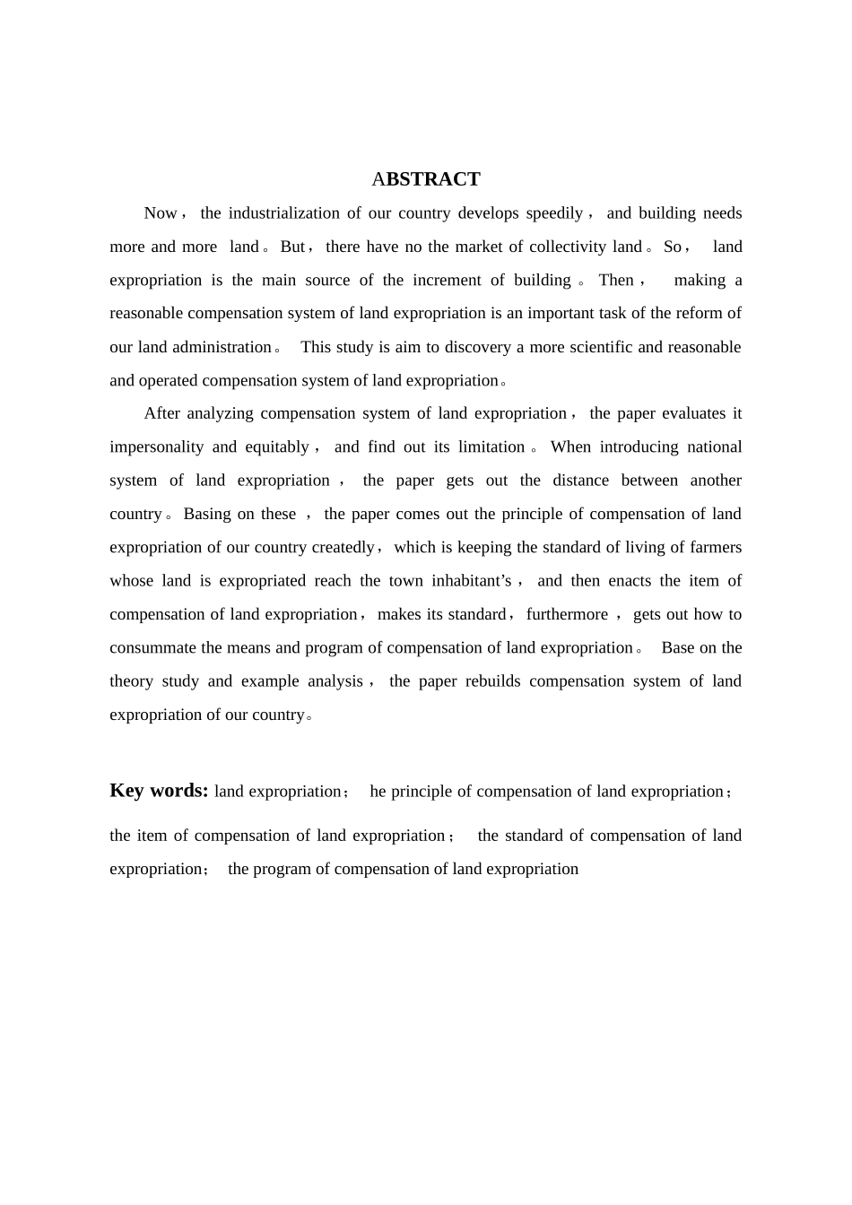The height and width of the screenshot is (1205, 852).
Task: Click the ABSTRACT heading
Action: (x=426, y=179)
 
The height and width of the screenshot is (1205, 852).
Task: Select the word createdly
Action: (x=343, y=547)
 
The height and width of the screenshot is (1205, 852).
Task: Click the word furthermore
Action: (x=567, y=614)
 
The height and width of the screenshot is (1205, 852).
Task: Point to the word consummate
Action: (x=153, y=647)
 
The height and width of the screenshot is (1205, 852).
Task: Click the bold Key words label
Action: (x=159, y=791)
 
